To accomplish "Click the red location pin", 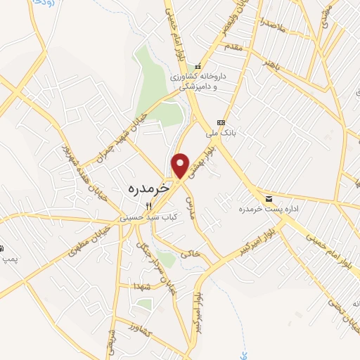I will click(x=181, y=165).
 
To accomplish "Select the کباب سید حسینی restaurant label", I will click(x=149, y=218).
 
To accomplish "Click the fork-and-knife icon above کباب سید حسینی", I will click(x=148, y=206).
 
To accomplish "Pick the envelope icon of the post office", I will click(x=269, y=199).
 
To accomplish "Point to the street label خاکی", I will click(x=192, y=251).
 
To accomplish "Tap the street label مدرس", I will click(x=190, y=205).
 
